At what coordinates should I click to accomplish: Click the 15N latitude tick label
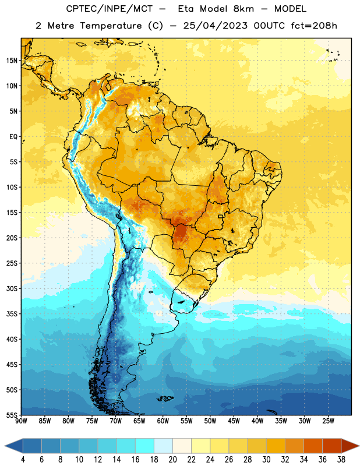tap(12, 61)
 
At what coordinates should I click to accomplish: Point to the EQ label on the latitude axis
tap(13, 137)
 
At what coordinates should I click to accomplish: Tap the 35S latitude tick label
tap(12, 314)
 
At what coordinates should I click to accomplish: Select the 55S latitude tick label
tap(12, 415)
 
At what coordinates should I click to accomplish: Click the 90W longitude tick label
tap(21, 421)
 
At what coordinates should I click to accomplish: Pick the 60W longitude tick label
tap(163, 421)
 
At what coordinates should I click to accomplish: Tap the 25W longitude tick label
tap(328, 421)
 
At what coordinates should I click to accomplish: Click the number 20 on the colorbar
tap(172, 460)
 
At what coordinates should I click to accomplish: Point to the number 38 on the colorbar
tap(341, 460)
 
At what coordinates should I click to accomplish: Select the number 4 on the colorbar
tap(23, 460)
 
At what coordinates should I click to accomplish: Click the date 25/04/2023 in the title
tap(215, 26)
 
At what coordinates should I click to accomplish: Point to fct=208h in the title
tap(314, 26)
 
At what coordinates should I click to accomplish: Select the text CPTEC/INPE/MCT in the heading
tap(109, 9)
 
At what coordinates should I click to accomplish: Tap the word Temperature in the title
tap(111, 26)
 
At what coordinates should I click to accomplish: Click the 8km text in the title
tap(243, 9)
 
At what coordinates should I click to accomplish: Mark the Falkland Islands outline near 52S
tap(165, 398)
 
